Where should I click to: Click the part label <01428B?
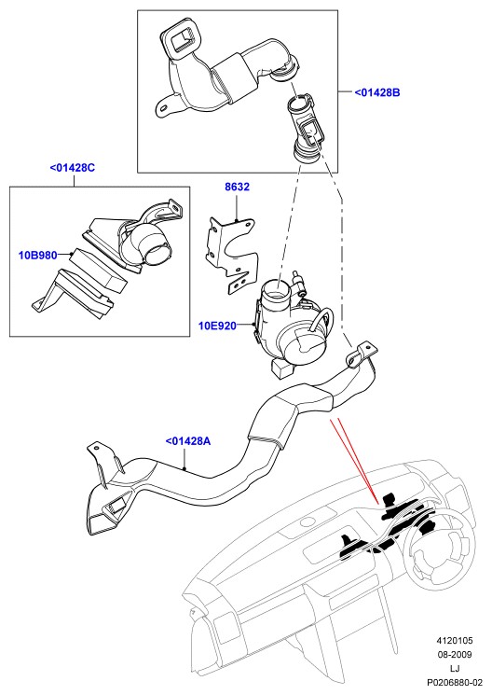[376, 92]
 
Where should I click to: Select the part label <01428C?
[73, 168]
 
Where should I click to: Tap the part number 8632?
[237, 188]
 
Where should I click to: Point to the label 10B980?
[37, 256]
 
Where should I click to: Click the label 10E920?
[217, 326]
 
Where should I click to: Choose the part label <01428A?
[188, 441]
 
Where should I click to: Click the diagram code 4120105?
[455, 641]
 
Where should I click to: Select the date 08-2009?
[455, 655]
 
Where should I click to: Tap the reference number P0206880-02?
[455, 683]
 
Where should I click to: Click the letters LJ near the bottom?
[455, 669]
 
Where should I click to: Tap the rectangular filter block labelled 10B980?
[99, 271]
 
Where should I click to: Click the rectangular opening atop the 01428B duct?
[182, 41]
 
